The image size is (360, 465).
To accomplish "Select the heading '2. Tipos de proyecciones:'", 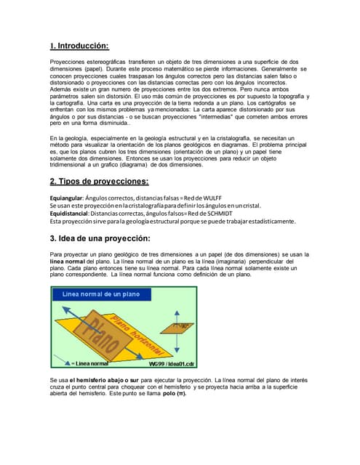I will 99,181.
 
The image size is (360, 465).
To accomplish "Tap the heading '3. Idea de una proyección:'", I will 100,238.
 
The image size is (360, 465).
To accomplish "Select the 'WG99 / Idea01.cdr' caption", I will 172,363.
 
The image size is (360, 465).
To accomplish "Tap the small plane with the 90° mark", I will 180,327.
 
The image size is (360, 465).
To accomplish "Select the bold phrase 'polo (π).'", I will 171,393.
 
